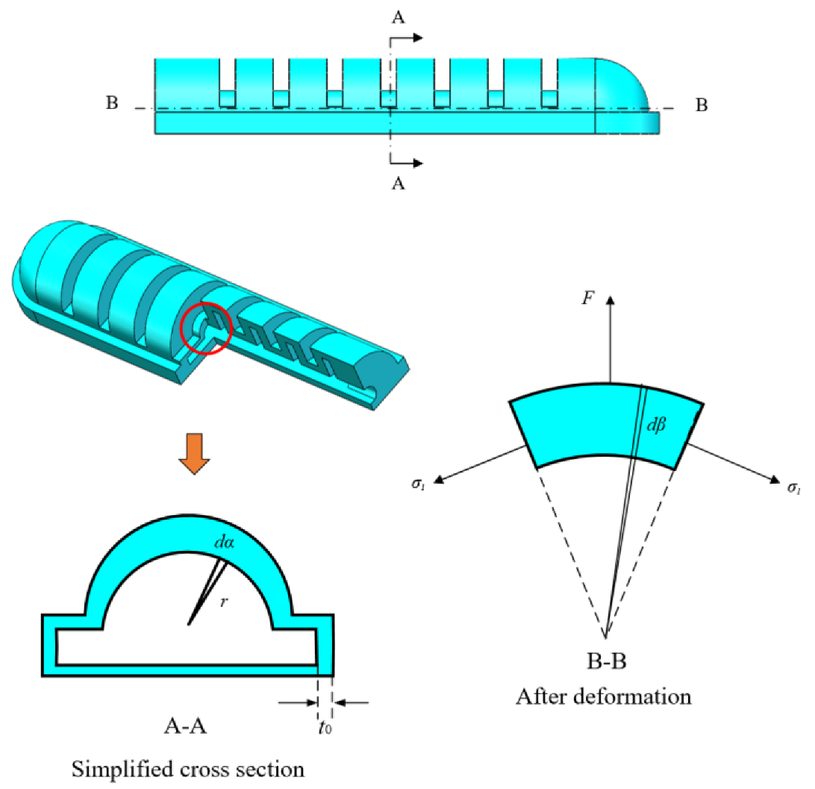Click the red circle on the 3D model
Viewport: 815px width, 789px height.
(207, 327)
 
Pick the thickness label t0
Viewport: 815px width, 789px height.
(326, 725)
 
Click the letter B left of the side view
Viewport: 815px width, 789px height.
(112, 103)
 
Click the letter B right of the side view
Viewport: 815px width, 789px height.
(701, 105)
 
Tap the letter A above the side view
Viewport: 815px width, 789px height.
(399, 19)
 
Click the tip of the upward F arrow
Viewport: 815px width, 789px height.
(611, 297)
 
